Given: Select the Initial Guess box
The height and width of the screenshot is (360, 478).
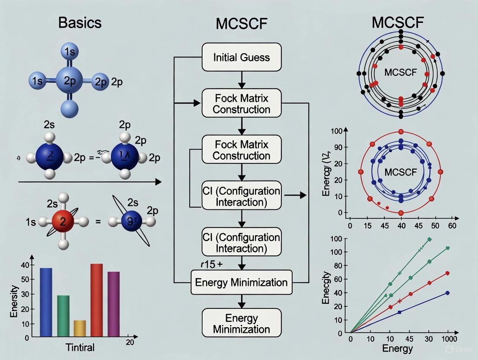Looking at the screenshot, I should pyautogui.click(x=242, y=57).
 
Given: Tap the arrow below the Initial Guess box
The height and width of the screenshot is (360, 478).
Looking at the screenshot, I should pyautogui.click(x=242, y=80).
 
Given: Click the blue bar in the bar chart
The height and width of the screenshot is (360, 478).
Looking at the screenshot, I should pyautogui.click(x=46, y=302).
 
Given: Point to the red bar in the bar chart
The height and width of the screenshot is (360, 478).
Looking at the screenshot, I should pyautogui.click(x=97, y=300).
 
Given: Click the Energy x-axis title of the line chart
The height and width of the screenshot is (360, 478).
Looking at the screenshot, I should pyautogui.click(x=398, y=349).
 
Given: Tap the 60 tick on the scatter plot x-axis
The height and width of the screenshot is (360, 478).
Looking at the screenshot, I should pyautogui.click(x=452, y=225).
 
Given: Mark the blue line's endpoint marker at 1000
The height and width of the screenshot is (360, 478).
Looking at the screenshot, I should pyautogui.click(x=447, y=293).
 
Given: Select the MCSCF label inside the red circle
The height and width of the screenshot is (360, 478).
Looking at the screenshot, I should pyautogui.click(x=400, y=172).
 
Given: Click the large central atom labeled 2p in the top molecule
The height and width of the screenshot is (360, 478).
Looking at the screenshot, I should pyautogui.click(x=70, y=80).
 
